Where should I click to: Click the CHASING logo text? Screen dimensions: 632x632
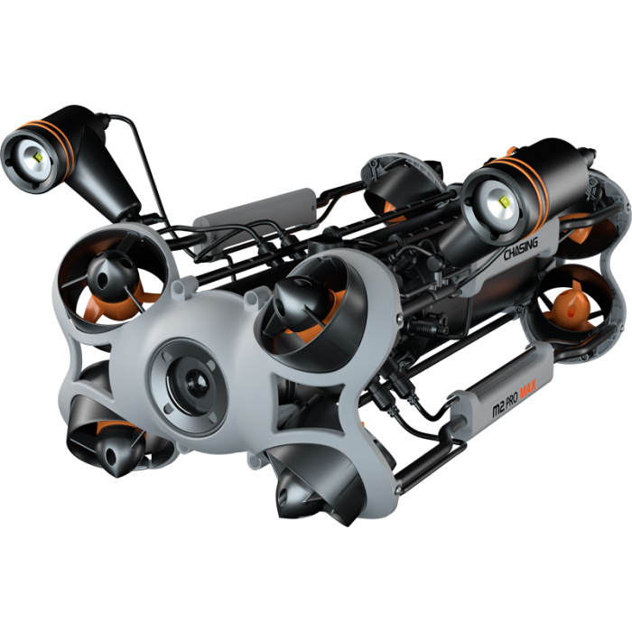(521, 249)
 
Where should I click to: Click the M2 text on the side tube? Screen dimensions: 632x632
(499, 410)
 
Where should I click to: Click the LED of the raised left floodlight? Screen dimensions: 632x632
(38, 157)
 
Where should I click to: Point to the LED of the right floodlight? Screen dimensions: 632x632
(504, 200)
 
